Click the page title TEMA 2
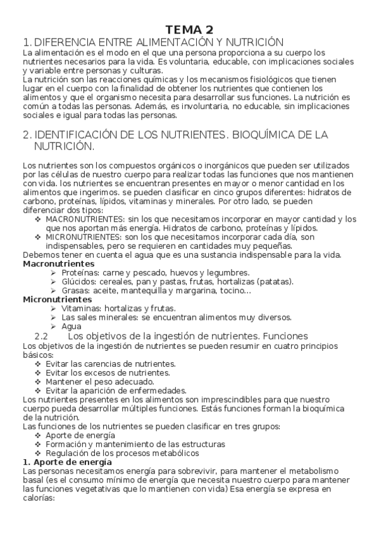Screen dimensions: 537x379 pos(189,29)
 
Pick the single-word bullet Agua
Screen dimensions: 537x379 pos(71,326)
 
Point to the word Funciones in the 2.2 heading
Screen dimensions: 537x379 pos(285,336)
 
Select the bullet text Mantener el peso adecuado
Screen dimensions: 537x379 pos(99,382)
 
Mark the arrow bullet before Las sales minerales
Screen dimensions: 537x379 pos(53,317)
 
